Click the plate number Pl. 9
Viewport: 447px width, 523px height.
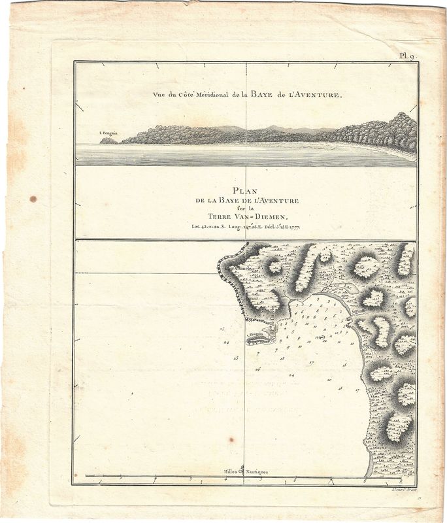click(x=409, y=56)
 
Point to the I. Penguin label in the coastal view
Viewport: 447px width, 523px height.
click(x=107, y=133)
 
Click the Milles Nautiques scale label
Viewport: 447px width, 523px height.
click(x=246, y=471)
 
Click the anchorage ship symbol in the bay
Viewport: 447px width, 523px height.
click(x=321, y=337)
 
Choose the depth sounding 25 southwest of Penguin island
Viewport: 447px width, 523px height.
click(x=236, y=358)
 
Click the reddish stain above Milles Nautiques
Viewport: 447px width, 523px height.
click(x=231, y=440)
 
